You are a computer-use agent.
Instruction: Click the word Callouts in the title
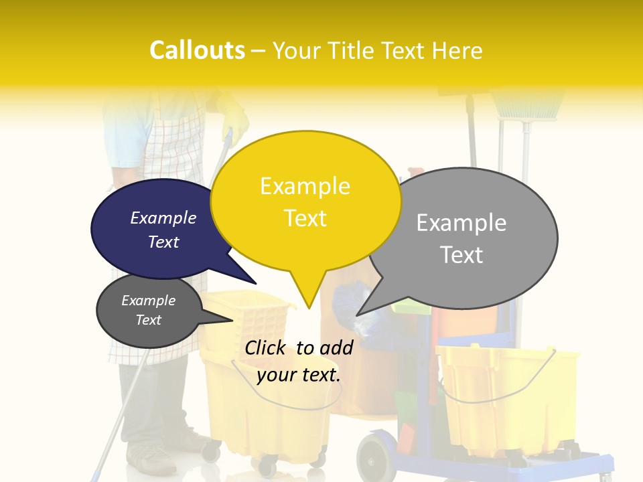coord(197,50)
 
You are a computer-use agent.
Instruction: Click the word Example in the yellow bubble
coord(305,186)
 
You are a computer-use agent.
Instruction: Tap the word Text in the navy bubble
coord(163,242)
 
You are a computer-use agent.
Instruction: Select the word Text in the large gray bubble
coord(461,255)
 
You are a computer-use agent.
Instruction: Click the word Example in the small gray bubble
coord(148,301)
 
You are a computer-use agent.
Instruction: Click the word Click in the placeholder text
coord(267,347)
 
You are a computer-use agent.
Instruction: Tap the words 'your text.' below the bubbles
coord(299,375)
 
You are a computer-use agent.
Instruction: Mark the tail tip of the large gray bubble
coord(357,315)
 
